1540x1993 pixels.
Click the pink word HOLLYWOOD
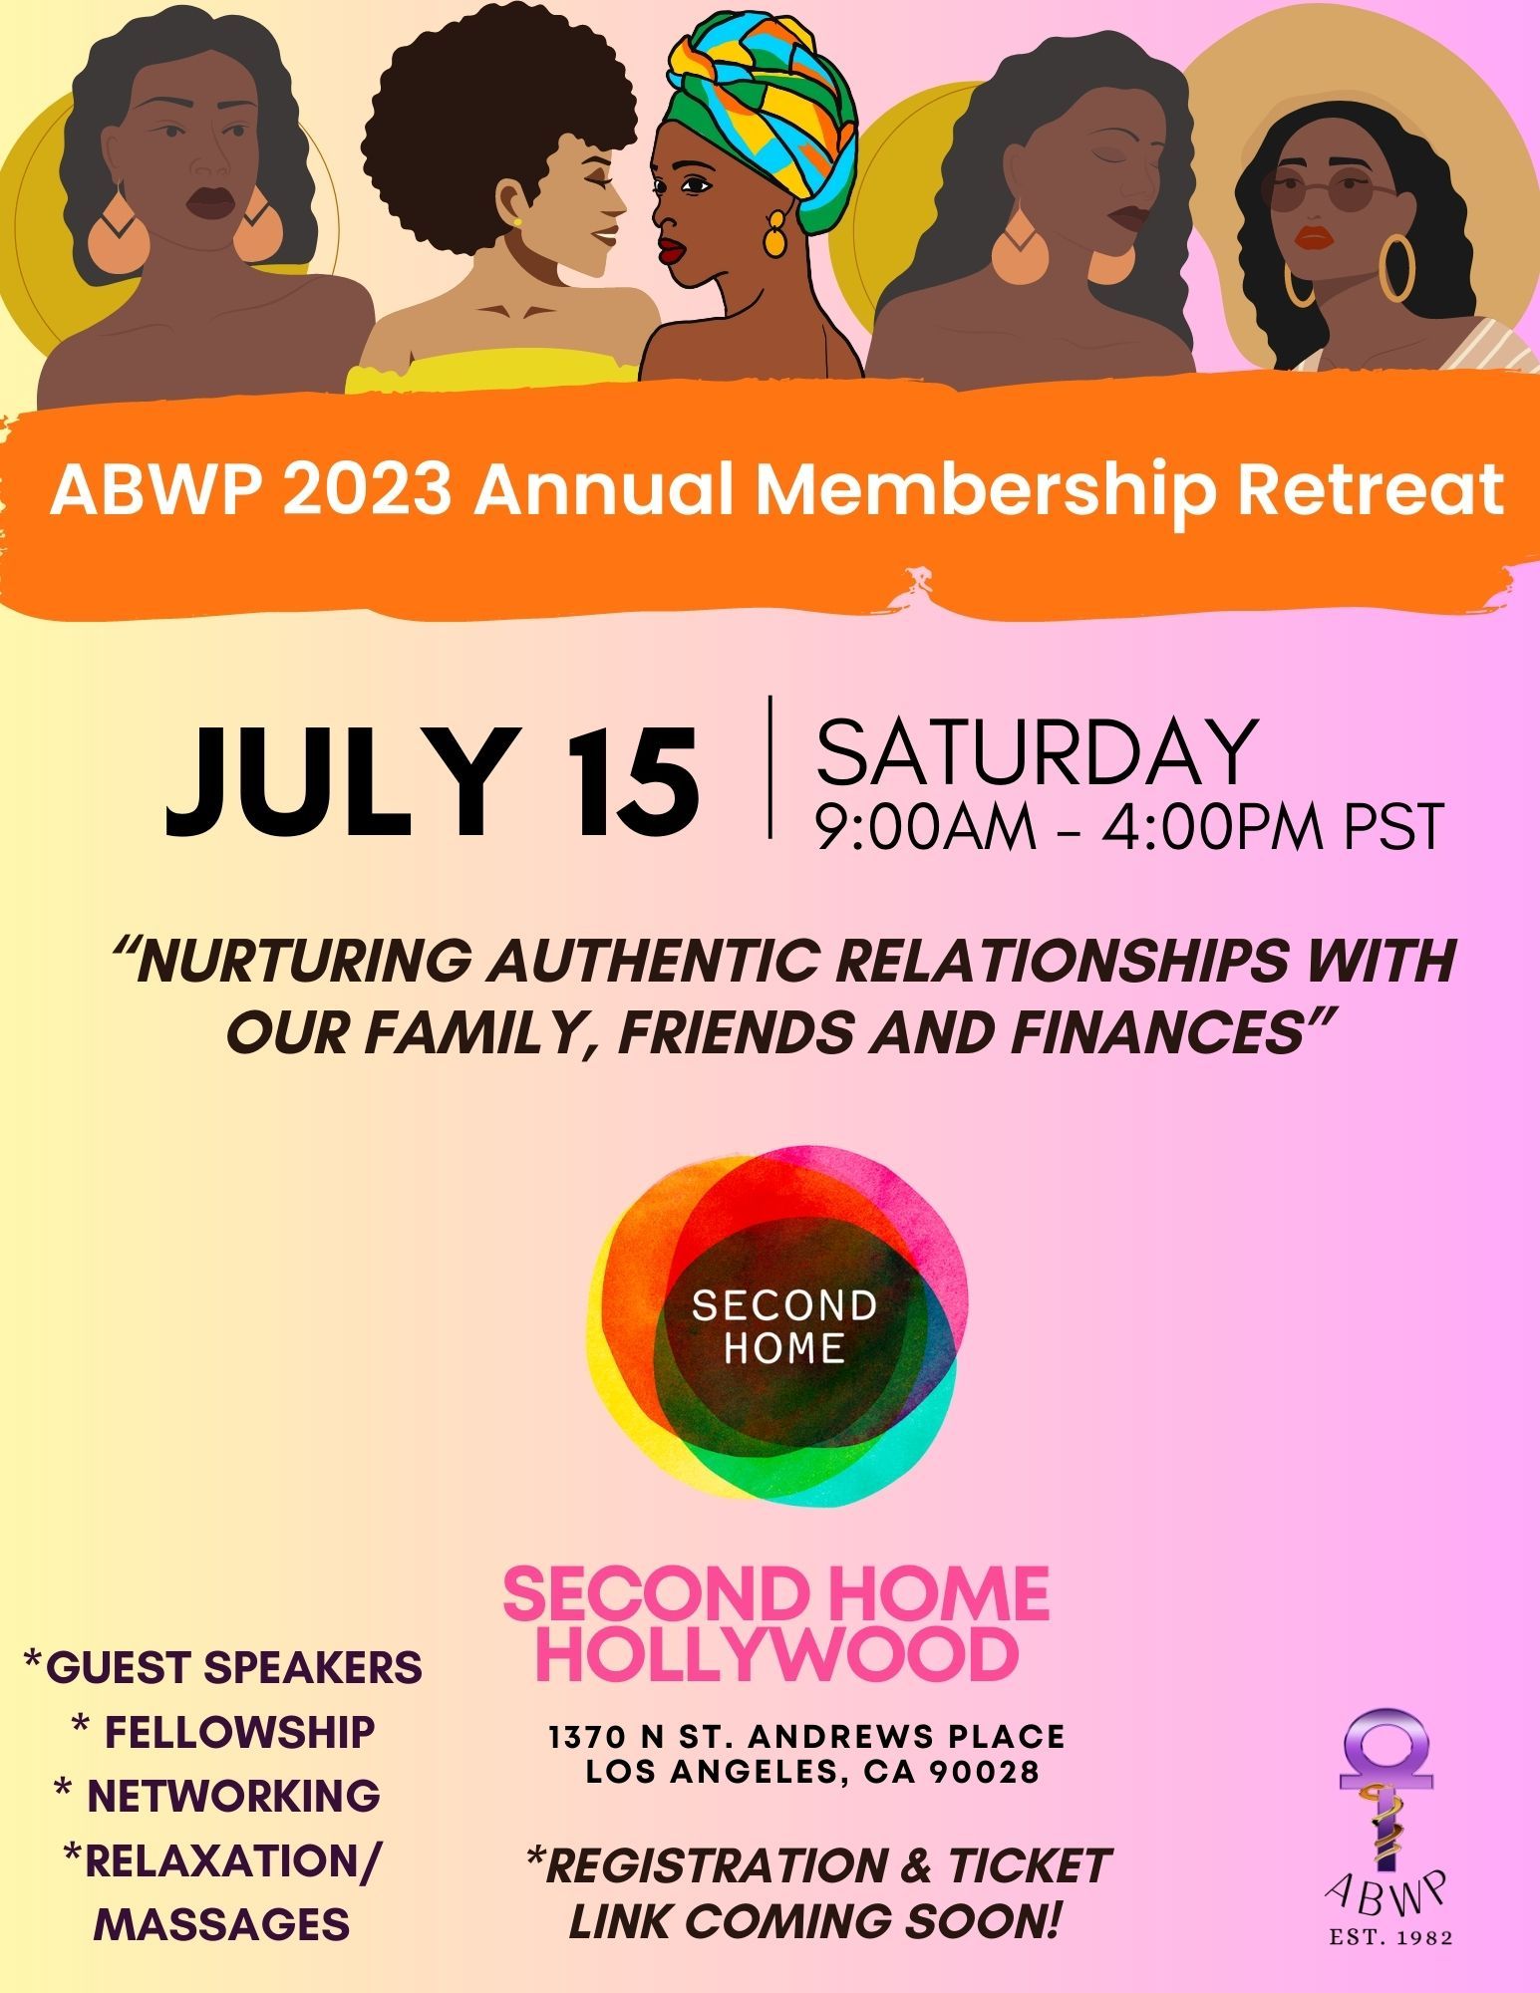coord(783,1653)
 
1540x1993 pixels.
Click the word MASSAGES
coord(221,1923)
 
